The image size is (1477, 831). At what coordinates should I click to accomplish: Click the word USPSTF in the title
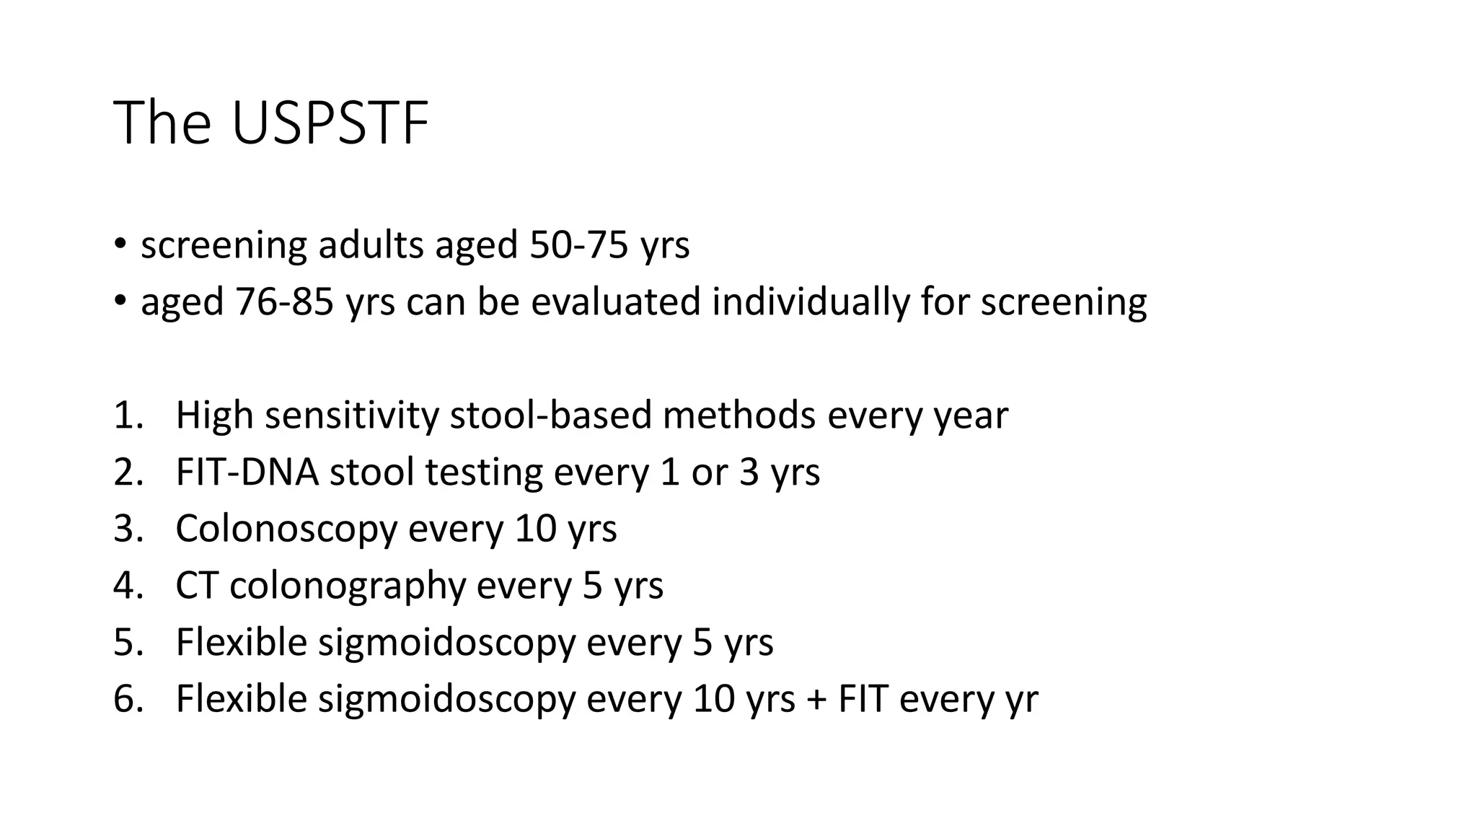pos(330,123)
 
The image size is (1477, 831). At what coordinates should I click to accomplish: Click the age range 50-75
pos(578,245)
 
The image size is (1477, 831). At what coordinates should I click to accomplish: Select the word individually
pos(811,302)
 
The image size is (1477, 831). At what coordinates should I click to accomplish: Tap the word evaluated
pos(616,302)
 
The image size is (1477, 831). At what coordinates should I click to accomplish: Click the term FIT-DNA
pos(247,472)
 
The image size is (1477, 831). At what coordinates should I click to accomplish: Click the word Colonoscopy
pos(286,529)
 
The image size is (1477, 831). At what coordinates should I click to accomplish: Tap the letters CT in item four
pos(197,585)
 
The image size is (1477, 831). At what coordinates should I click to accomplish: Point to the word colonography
pos(348,585)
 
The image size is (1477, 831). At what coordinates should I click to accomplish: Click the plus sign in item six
pos(816,699)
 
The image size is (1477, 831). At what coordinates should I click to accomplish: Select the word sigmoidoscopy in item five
pos(446,642)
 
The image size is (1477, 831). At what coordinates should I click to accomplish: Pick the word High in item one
pos(214,415)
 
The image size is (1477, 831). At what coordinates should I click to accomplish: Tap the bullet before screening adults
pos(120,243)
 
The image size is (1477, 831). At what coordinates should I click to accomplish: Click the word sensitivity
pos(351,415)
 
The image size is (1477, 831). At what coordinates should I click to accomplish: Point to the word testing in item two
pos(483,472)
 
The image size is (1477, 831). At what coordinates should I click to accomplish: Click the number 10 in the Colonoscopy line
pos(535,529)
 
